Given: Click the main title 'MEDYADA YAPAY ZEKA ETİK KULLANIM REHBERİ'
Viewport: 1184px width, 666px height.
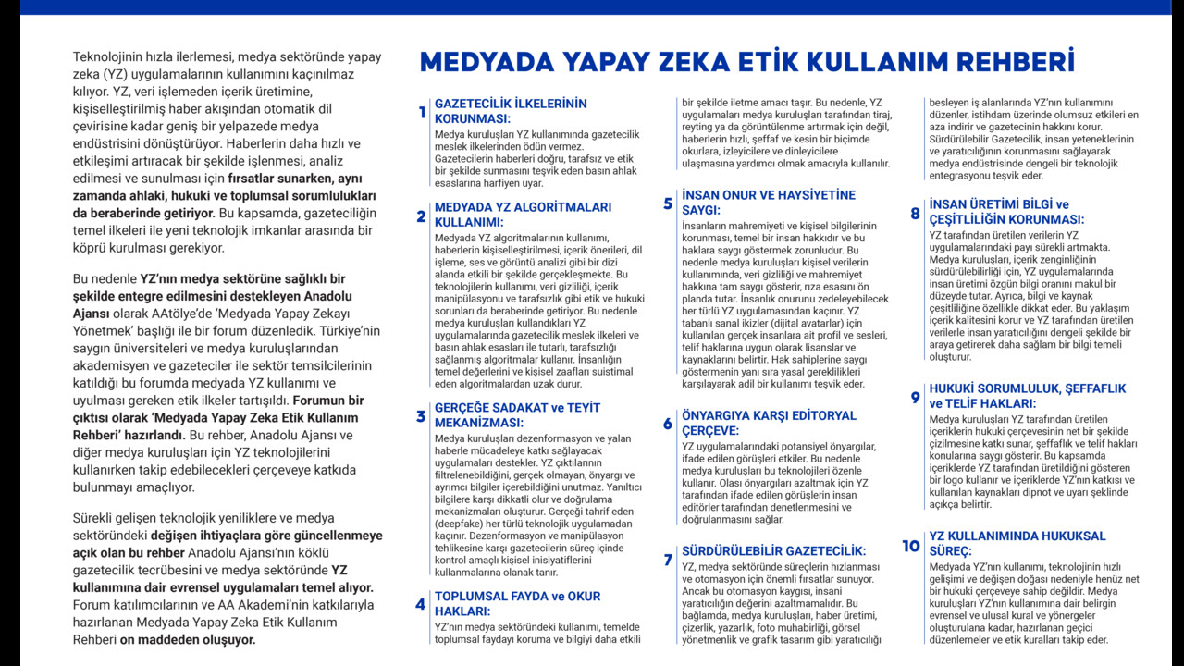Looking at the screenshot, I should click(x=746, y=62).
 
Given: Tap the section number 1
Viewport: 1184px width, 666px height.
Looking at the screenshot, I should click(x=422, y=113).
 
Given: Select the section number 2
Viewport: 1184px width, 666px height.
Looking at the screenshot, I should click(x=422, y=216).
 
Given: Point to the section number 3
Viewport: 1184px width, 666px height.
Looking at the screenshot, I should click(x=421, y=416).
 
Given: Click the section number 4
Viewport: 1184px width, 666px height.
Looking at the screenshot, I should click(x=421, y=605).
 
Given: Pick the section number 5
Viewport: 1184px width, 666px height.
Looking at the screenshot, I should click(x=668, y=203).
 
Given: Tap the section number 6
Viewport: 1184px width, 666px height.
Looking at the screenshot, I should click(x=668, y=425).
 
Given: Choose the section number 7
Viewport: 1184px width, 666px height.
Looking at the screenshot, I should click(x=668, y=560).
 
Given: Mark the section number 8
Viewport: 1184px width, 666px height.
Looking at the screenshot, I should click(x=915, y=214).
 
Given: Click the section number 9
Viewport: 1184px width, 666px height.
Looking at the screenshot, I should click(x=915, y=398).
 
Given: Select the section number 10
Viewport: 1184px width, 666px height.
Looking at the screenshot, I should click(x=911, y=546).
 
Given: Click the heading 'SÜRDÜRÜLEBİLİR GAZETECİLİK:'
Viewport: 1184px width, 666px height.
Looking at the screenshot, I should click(x=773, y=550).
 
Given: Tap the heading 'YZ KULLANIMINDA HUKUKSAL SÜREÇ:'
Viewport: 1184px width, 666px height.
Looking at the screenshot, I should click(x=1017, y=543).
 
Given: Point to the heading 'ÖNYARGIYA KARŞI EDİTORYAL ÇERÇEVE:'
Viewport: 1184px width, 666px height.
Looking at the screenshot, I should click(x=769, y=423).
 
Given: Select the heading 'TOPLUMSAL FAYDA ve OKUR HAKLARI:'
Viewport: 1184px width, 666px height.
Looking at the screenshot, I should click(x=517, y=603).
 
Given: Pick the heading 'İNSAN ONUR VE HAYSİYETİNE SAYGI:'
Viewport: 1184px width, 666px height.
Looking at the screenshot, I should click(x=768, y=203).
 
